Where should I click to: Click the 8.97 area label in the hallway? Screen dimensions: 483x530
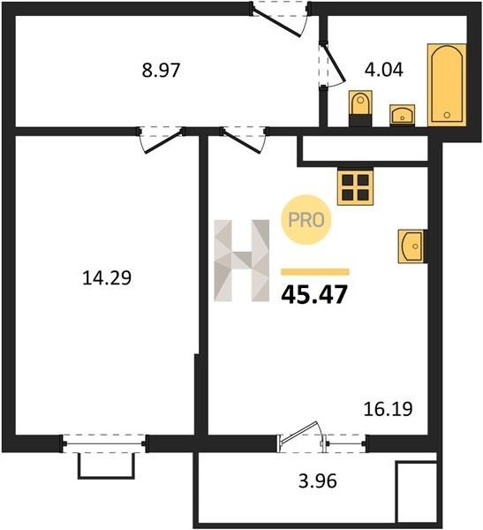[x=161, y=71]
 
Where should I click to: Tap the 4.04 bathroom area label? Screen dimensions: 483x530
[x=384, y=70]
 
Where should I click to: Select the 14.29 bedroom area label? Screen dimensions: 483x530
[x=107, y=278]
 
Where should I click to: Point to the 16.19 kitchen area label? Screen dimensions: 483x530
[x=388, y=409]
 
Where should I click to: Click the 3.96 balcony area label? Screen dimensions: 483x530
[x=318, y=481]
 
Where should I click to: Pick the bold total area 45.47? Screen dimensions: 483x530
[x=314, y=294]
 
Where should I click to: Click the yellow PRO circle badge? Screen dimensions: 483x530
[x=306, y=220]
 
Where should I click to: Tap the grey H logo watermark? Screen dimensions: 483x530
[x=242, y=261]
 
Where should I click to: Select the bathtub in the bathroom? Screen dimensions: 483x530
[x=447, y=85]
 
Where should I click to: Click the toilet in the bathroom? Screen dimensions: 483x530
[x=360, y=108]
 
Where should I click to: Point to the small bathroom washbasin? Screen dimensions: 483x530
[x=403, y=115]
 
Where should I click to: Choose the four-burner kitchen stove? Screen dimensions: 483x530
[x=355, y=187]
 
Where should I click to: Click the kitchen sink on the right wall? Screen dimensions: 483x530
[x=412, y=246]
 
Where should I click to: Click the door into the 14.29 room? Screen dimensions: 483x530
[x=162, y=140]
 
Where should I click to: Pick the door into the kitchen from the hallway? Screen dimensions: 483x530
[x=245, y=140]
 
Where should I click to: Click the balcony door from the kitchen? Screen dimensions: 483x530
[x=301, y=436]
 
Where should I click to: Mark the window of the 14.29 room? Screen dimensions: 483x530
[x=104, y=443]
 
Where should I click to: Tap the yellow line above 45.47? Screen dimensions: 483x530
[x=315, y=272]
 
